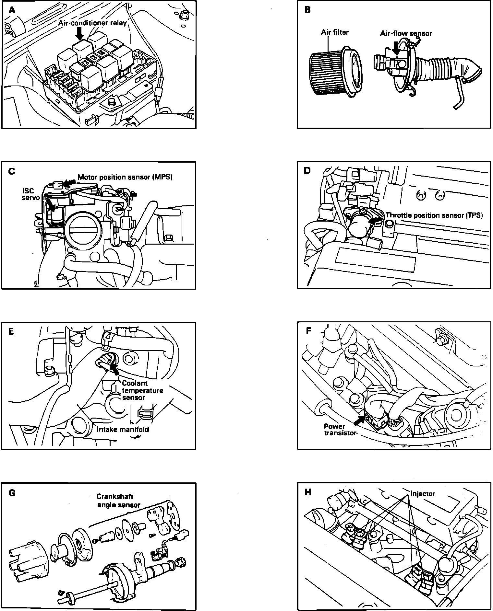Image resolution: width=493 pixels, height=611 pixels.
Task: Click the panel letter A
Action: click(12, 10)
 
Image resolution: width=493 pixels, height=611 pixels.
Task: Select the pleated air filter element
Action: click(326, 73)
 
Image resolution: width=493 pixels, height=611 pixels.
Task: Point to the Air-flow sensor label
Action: click(406, 33)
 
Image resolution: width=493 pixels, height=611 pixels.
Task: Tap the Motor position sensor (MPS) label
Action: click(125, 177)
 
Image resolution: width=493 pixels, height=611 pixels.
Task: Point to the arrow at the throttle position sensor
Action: click(376, 221)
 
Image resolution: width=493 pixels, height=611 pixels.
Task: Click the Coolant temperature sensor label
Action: click(142, 390)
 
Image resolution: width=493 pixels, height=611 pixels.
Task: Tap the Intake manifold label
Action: click(123, 430)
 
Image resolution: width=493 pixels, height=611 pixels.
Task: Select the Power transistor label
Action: click(339, 429)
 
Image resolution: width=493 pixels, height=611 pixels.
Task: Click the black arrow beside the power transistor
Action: click(358, 421)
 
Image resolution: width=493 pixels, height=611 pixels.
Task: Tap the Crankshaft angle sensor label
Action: click(119, 501)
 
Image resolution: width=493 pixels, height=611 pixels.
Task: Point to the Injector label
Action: click(423, 493)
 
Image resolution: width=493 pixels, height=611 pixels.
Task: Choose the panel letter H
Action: click(308, 492)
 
